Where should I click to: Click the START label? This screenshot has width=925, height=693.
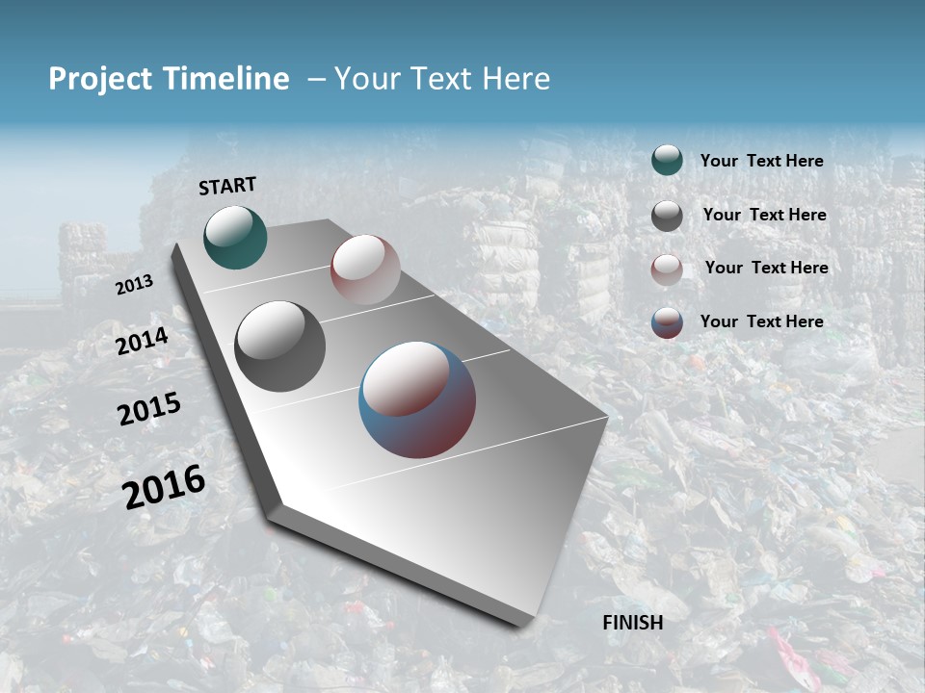227,186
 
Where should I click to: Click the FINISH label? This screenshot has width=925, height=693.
633,623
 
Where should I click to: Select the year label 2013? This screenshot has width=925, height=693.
134,285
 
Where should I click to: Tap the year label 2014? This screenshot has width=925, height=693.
142,342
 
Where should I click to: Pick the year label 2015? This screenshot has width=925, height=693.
149,409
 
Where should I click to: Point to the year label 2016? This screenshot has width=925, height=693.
164,486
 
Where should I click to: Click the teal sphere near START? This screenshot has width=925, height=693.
235,237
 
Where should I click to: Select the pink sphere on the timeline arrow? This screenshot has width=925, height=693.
365,269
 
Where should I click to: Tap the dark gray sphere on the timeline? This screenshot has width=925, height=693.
280,346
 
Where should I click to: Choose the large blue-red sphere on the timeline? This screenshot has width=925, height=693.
417,399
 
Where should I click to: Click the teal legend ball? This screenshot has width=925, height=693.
667,161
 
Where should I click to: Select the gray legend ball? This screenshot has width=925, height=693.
667,216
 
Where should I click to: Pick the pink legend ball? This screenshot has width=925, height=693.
667,269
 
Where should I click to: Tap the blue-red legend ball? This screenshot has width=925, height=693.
667,322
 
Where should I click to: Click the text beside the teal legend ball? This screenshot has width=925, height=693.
761,162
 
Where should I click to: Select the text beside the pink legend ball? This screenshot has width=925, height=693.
766,268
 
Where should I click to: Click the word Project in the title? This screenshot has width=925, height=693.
101,79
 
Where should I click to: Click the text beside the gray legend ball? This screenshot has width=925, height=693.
765,215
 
